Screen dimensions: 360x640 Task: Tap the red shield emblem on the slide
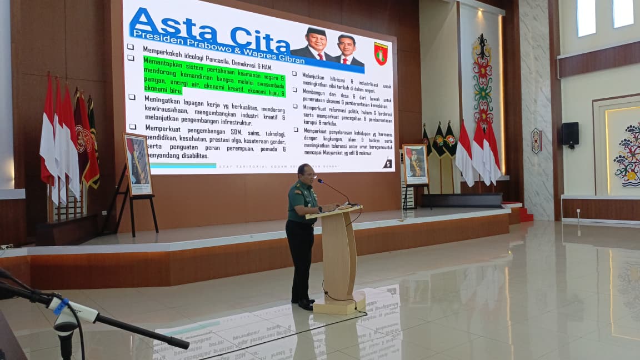point(381,54)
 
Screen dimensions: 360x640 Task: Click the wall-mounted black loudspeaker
point(569,134)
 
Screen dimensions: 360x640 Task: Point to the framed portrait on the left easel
point(137,164)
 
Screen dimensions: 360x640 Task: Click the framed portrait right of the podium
point(416,164)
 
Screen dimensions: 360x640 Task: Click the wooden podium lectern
point(339,256)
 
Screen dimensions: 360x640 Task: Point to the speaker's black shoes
point(304,303)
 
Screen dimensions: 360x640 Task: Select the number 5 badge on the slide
point(387,163)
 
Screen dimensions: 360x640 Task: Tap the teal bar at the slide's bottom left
point(183,165)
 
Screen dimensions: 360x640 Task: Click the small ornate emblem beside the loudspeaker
point(536,141)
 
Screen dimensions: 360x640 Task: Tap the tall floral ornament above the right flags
point(482,78)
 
